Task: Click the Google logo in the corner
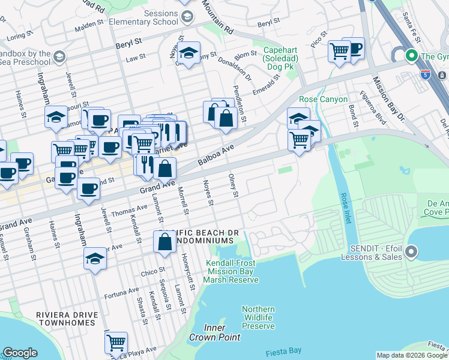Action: pos(20,353)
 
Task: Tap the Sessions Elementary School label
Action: pos(145,17)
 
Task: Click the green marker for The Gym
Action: pos(412,57)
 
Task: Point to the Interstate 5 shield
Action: pos(426,75)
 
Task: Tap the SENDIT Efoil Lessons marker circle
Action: pos(412,252)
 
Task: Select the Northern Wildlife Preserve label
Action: pos(258,318)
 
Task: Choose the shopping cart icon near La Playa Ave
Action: pos(116,343)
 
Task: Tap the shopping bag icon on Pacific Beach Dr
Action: pos(164,242)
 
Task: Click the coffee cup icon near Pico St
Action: pos(354,49)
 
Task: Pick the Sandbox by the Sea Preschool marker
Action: pos(59,57)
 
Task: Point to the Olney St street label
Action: pos(234,185)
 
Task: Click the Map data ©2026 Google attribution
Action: pos(412,355)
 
